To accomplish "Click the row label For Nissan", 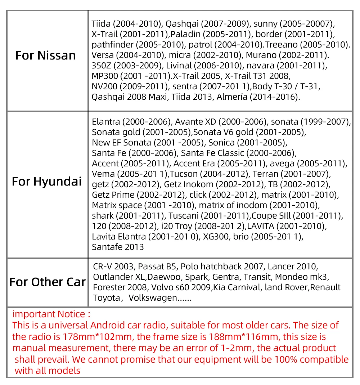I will (x=46, y=55).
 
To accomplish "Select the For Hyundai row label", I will (x=47, y=181).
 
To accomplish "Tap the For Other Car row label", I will (x=48, y=282).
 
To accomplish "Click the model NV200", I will (x=104, y=87).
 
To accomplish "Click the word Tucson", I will (x=184, y=174).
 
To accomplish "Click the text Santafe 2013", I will (x=118, y=247).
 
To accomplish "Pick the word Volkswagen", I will (x=153, y=298).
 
